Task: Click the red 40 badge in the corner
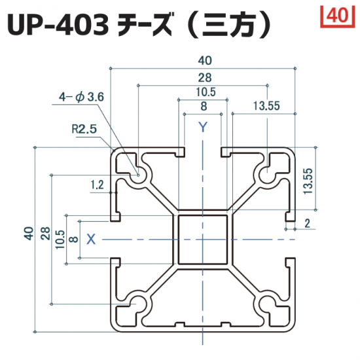tap(338, 17)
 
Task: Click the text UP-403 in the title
tap(58, 26)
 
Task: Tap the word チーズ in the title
tap(145, 26)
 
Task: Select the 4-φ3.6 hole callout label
tap(81, 97)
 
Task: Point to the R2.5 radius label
tap(84, 129)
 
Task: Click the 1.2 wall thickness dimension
tap(97, 185)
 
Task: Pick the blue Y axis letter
tap(203, 127)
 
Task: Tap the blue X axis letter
tap(91, 239)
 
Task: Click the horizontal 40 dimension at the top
tap(205, 61)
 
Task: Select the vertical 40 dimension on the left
tap(29, 233)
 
